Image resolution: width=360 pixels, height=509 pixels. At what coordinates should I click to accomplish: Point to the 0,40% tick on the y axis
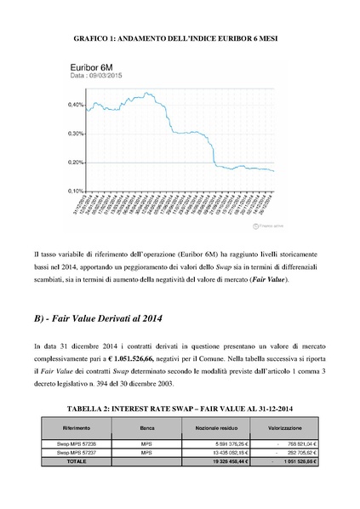(x=73, y=106)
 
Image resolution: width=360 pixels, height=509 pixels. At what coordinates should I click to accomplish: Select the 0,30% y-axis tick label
(x=73, y=134)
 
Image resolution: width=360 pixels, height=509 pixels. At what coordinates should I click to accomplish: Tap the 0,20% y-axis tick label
(x=73, y=163)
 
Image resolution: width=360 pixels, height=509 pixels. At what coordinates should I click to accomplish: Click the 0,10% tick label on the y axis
(x=73, y=191)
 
